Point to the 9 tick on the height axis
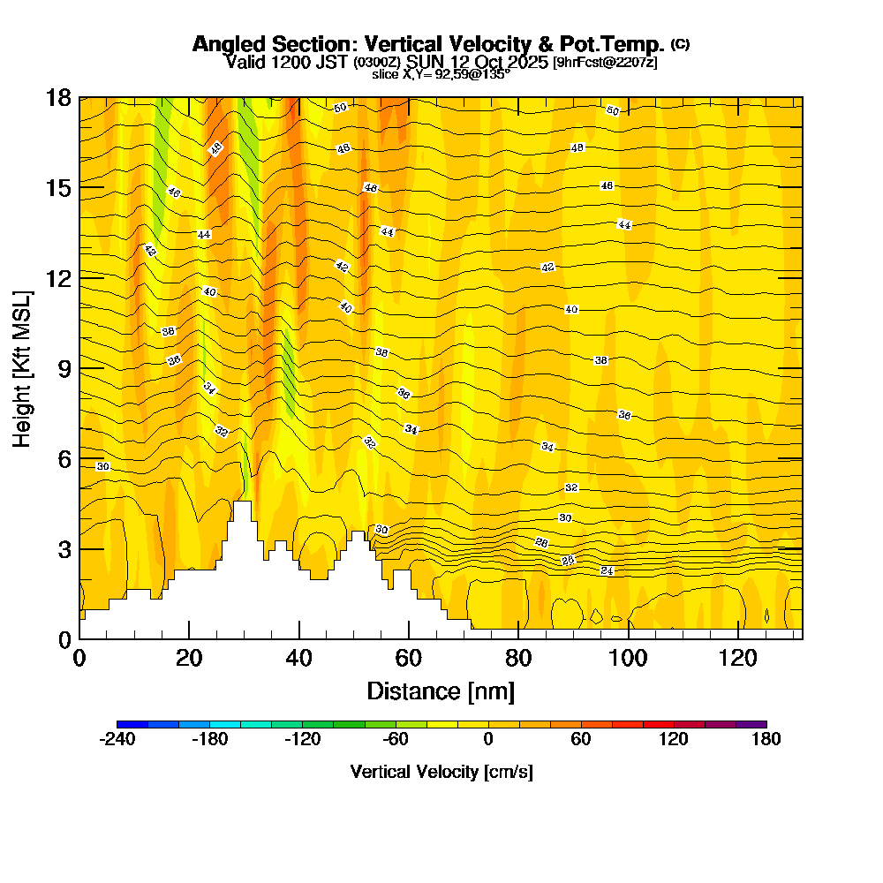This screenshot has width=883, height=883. click(x=79, y=367)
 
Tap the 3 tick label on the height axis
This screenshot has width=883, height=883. click(x=64, y=548)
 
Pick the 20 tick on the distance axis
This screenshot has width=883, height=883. click(x=189, y=638)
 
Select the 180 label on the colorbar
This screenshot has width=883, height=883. click(x=766, y=740)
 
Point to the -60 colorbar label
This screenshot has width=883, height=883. click(x=395, y=740)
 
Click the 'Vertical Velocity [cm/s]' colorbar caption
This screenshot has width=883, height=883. click(x=441, y=772)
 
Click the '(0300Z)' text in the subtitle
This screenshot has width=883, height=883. click(x=378, y=63)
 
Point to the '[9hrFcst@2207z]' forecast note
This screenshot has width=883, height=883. click(x=604, y=63)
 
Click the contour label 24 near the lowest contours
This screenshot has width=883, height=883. click(x=607, y=571)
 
